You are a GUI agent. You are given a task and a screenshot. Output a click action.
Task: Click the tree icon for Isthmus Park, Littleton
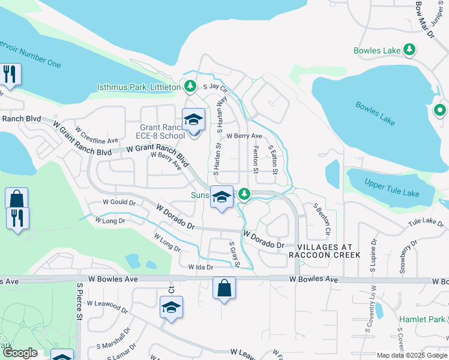pos(190,87)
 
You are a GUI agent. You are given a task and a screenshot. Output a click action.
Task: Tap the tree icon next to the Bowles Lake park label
pos(409,49)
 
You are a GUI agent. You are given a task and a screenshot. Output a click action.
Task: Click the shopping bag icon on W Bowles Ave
pos(224,288)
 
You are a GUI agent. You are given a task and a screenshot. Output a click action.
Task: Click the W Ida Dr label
pos(200,267)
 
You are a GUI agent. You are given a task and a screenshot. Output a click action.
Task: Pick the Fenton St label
pos(256,159)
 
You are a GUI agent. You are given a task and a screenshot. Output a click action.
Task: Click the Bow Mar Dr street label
pos(424,17)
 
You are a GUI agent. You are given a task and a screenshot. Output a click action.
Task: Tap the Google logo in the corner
pos(20,353)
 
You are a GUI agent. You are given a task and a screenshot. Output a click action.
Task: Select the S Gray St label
pos(234,255)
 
